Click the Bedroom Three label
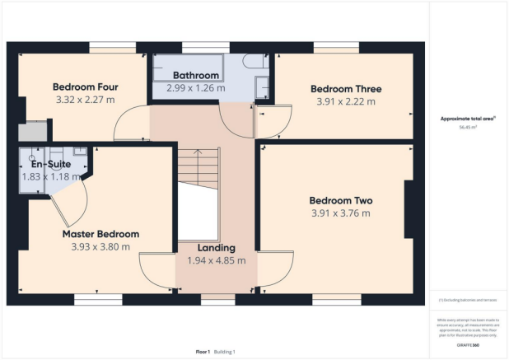point(345,89)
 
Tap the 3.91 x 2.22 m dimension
point(345,102)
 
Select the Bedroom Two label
point(341,200)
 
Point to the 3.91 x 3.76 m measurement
point(341,213)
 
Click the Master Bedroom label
point(100,233)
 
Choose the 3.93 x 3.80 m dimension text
point(100,246)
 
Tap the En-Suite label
point(46,164)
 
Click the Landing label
point(217,247)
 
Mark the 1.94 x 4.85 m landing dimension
point(217,260)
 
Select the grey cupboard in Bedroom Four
point(32,131)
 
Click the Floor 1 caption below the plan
point(202,352)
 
